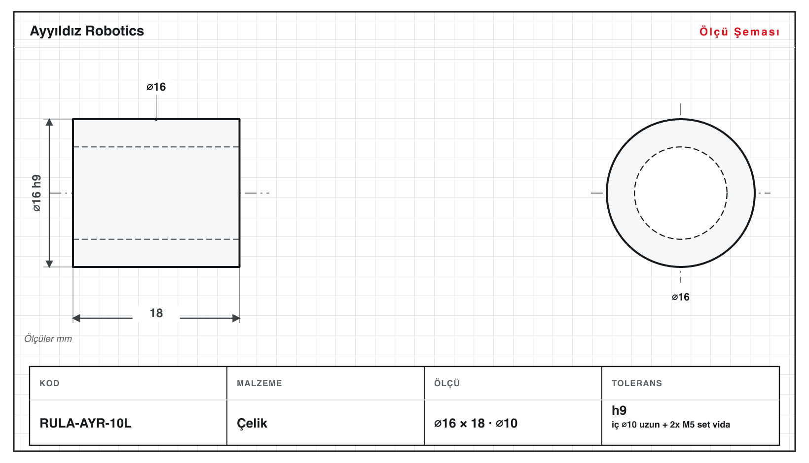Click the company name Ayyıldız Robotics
(x=87, y=32)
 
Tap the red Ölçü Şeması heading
(x=739, y=32)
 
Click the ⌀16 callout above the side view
(x=156, y=87)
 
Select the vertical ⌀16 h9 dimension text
(x=37, y=193)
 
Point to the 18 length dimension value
(x=156, y=313)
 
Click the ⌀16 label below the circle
(x=680, y=297)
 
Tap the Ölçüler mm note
(x=48, y=339)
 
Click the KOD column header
(x=49, y=383)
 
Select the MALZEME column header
(x=259, y=383)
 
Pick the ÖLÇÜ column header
(x=447, y=383)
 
